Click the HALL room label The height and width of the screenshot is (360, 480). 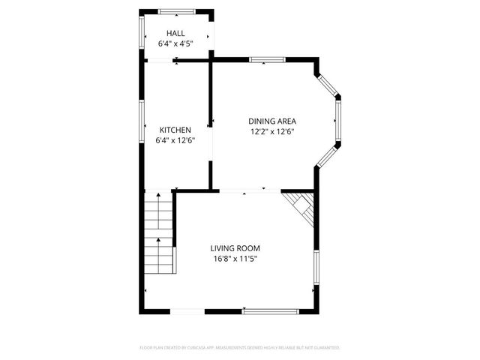(175, 34)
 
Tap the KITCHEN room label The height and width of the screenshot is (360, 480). (175, 130)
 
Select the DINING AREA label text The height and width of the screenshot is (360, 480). (273, 121)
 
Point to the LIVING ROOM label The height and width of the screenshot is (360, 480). (235, 248)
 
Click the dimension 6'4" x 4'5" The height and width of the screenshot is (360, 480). (175, 44)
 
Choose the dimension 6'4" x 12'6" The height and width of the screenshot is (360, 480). (175, 140)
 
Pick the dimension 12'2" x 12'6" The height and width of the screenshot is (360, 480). (273, 131)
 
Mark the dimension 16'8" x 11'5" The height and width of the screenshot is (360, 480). (235, 259)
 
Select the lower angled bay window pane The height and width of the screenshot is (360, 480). (328, 157)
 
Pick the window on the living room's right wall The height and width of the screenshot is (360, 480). (316, 270)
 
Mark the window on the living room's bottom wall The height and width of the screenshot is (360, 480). (270, 310)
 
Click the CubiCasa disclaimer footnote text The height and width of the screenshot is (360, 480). (240, 348)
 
